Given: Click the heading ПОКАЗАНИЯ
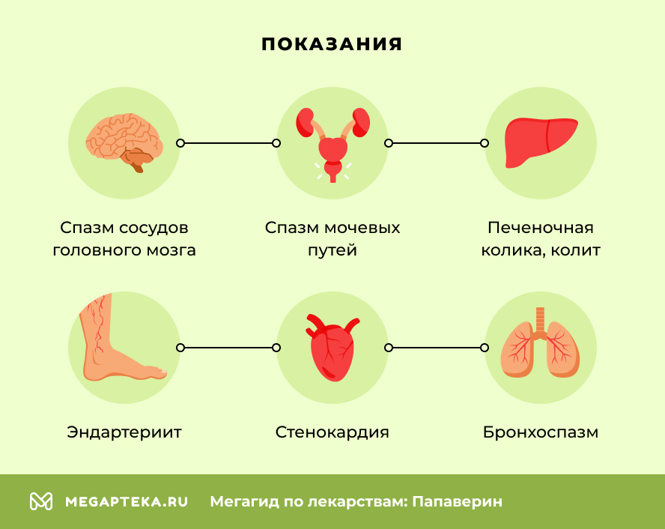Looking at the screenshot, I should pos(332,44).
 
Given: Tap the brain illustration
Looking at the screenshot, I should pos(123,140).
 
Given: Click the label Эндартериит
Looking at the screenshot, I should pos(124,432).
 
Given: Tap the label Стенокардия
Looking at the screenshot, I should pos(332,432).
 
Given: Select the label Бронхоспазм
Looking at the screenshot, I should pos(541,432).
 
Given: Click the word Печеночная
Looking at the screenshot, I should pos(541,228).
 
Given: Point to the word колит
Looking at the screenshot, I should pos(575,250).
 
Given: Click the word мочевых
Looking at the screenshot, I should pos(363,228).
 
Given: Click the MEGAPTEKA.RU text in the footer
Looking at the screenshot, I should pos(127,501).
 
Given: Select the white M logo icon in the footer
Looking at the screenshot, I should pos(41,501).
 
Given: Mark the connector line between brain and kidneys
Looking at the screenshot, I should pos(228,142).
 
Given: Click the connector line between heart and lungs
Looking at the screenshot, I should pos(436,348).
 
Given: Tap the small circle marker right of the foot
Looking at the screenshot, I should pos(180,348).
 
